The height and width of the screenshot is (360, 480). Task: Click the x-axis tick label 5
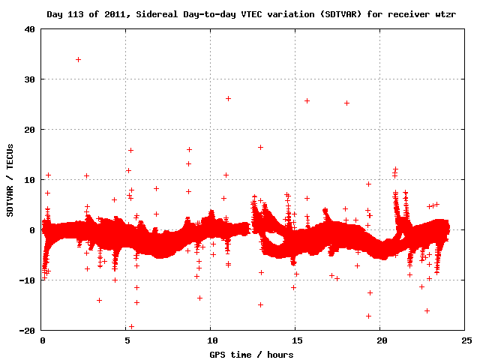(x=127, y=340)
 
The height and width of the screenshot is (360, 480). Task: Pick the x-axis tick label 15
(x=295, y=340)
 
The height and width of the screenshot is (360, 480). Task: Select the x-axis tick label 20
(x=380, y=340)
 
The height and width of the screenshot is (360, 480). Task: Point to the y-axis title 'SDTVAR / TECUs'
(x=10, y=180)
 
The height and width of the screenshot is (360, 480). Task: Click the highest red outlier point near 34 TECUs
(x=78, y=59)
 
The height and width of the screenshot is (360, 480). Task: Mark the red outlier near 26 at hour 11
(x=228, y=98)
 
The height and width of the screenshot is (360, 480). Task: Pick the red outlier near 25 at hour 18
(x=346, y=103)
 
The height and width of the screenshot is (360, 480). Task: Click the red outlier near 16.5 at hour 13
(x=260, y=147)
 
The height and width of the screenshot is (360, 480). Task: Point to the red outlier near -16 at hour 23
(x=427, y=310)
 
